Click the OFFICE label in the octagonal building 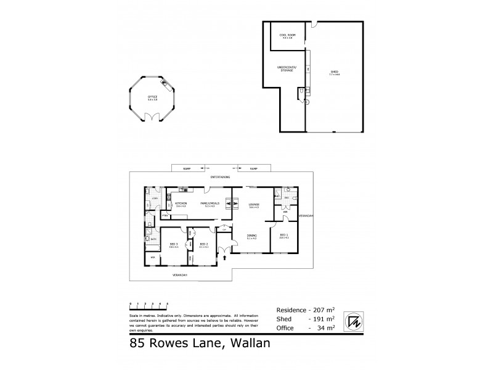(152, 97)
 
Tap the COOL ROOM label (288, 36)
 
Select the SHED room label (335, 73)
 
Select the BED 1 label (284, 236)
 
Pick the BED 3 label (174, 244)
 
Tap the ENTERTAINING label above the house (220, 178)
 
